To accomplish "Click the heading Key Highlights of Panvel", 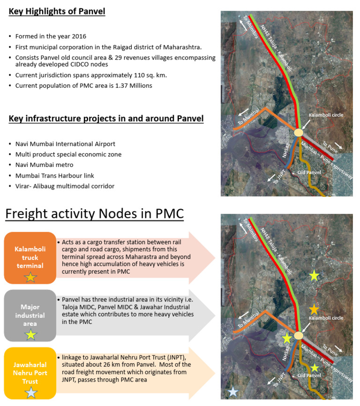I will point(57,11).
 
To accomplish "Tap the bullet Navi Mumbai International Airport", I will point(65,144).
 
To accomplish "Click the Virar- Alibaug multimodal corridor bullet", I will point(65,186).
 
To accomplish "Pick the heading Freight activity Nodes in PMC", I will point(94,214).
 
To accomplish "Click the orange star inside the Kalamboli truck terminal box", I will point(30,277).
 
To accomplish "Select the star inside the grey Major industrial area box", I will point(30,334).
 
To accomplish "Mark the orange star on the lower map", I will point(314,309).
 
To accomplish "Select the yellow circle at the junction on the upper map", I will point(299,133).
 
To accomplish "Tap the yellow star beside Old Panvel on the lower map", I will point(315,368).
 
